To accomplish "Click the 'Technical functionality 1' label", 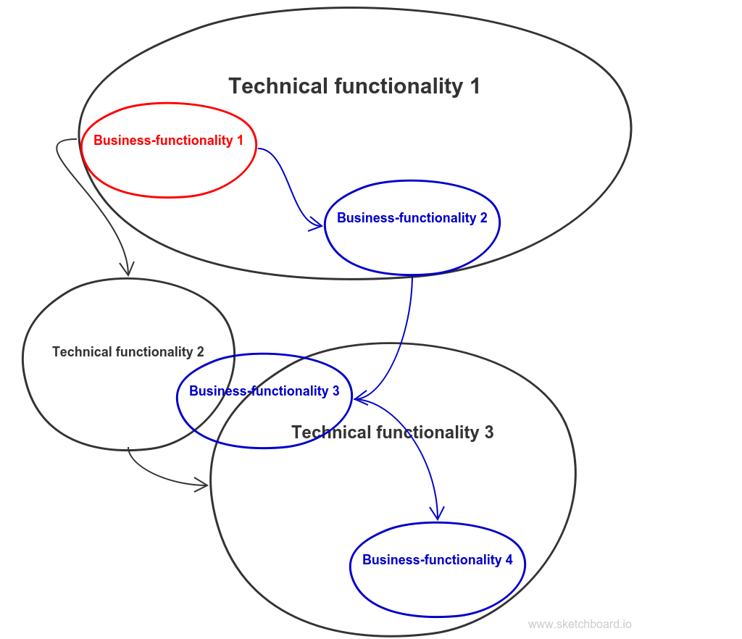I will [354, 86].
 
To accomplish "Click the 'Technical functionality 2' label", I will [128, 352].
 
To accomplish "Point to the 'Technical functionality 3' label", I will [392, 433].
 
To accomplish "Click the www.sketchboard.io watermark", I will [580, 625].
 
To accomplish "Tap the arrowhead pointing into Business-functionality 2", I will [317, 226].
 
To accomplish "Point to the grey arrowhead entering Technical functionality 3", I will [203, 484].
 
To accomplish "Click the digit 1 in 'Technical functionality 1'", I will [475, 86].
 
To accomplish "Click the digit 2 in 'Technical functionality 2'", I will [200, 352].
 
